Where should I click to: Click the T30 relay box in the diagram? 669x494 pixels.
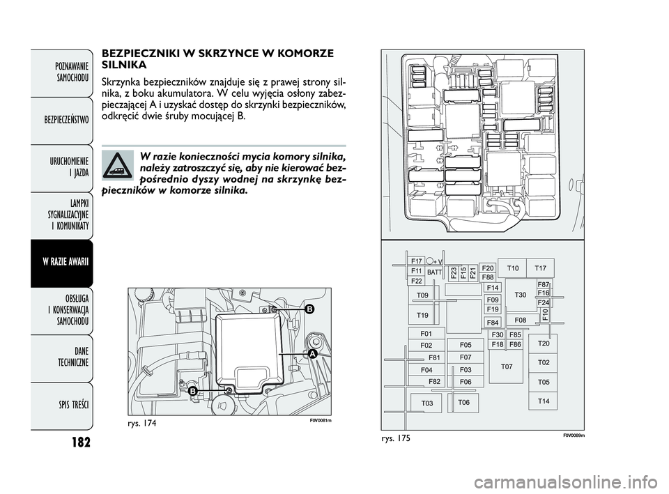[x=521, y=295]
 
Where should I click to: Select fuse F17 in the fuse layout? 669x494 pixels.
[x=417, y=261]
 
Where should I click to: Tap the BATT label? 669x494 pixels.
[x=434, y=272]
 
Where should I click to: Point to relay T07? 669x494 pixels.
[x=507, y=366]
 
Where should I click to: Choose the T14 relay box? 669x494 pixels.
[x=543, y=401]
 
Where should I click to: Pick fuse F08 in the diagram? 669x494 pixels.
[x=521, y=320]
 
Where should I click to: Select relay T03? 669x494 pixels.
[x=426, y=403]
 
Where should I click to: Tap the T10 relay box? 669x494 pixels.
[x=513, y=268]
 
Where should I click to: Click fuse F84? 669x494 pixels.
[x=493, y=323]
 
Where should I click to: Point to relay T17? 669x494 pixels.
[x=541, y=268]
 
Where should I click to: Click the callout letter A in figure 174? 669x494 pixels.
[x=313, y=355]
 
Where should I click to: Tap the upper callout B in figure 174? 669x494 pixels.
[x=309, y=308]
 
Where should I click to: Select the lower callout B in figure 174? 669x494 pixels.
[x=192, y=391]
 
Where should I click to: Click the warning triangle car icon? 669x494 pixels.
[x=117, y=166]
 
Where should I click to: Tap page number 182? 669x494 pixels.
[x=81, y=442]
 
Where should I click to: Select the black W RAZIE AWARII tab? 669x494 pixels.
[x=61, y=263]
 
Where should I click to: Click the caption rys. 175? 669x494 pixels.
[x=393, y=438]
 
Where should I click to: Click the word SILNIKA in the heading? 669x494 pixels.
[x=124, y=65]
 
